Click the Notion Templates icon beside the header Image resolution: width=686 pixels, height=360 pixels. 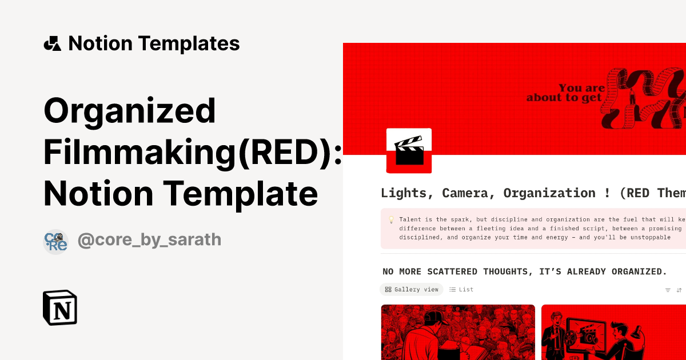click(x=53, y=43)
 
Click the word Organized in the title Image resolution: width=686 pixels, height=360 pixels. click(x=130, y=111)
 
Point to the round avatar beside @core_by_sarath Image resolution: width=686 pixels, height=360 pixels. click(x=55, y=241)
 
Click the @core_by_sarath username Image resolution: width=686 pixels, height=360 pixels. click(x=149, y=239)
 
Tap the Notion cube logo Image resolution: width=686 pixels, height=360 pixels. click(x=60, y=307)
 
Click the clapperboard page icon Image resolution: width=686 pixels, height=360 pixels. click(x=409, y=150)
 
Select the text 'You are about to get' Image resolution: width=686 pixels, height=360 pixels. click(x=566, y=93)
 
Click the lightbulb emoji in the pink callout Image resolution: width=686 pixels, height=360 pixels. click(x=392, y=219)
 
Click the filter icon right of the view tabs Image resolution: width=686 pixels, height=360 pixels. click(x=667, y=290)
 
